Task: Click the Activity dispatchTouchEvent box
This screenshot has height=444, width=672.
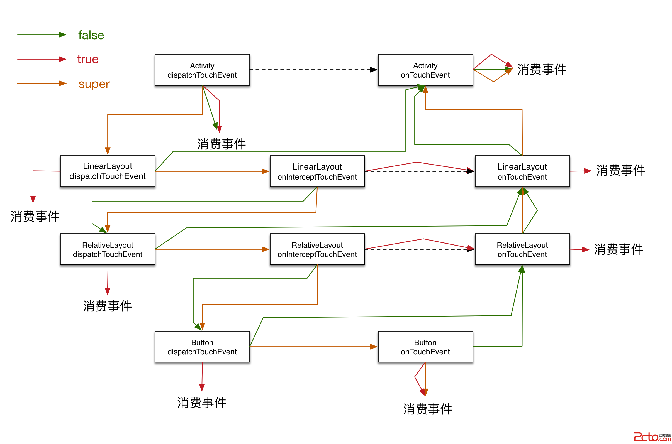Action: (x=202, y=70)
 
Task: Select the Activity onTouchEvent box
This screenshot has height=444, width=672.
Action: (x=425, y=70)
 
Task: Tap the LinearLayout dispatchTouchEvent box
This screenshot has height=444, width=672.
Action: (x=108, y=171)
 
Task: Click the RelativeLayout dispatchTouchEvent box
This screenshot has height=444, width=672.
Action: (x=108, y=249)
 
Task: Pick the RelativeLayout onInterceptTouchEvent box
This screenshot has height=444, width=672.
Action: (x=317, y=249)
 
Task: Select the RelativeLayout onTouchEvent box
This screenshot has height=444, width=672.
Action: (x=522, y=249)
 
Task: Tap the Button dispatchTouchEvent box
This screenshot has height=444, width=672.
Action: (x=202, y=347)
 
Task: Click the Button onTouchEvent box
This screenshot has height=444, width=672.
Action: (x=425, y=347)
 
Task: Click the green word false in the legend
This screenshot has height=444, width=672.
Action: (x=91, y=35)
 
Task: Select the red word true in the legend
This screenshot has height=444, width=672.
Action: (x=87, y=59)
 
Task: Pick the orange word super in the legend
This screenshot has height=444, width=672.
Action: (x=94, y=84)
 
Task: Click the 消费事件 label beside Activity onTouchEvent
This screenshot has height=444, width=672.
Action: (x=541, y=69)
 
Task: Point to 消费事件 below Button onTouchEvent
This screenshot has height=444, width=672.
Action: (x=427, y=409)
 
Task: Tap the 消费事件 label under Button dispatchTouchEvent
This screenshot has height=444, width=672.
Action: (x=201, y=403)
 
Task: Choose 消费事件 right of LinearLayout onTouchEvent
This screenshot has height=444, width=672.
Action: (x=620, y=170)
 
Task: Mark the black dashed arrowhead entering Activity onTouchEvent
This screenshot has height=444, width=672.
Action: (x=374, y=70)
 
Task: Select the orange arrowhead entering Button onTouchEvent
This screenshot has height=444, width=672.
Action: (x=374, y=347)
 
